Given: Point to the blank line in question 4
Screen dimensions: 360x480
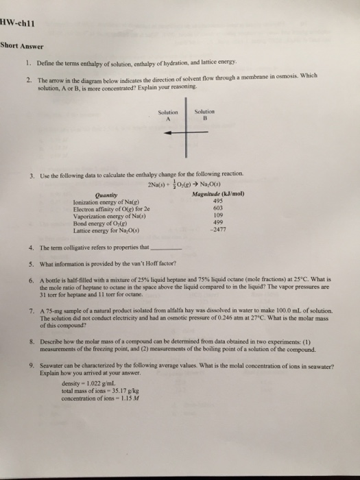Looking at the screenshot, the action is (x=166, y=248).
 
